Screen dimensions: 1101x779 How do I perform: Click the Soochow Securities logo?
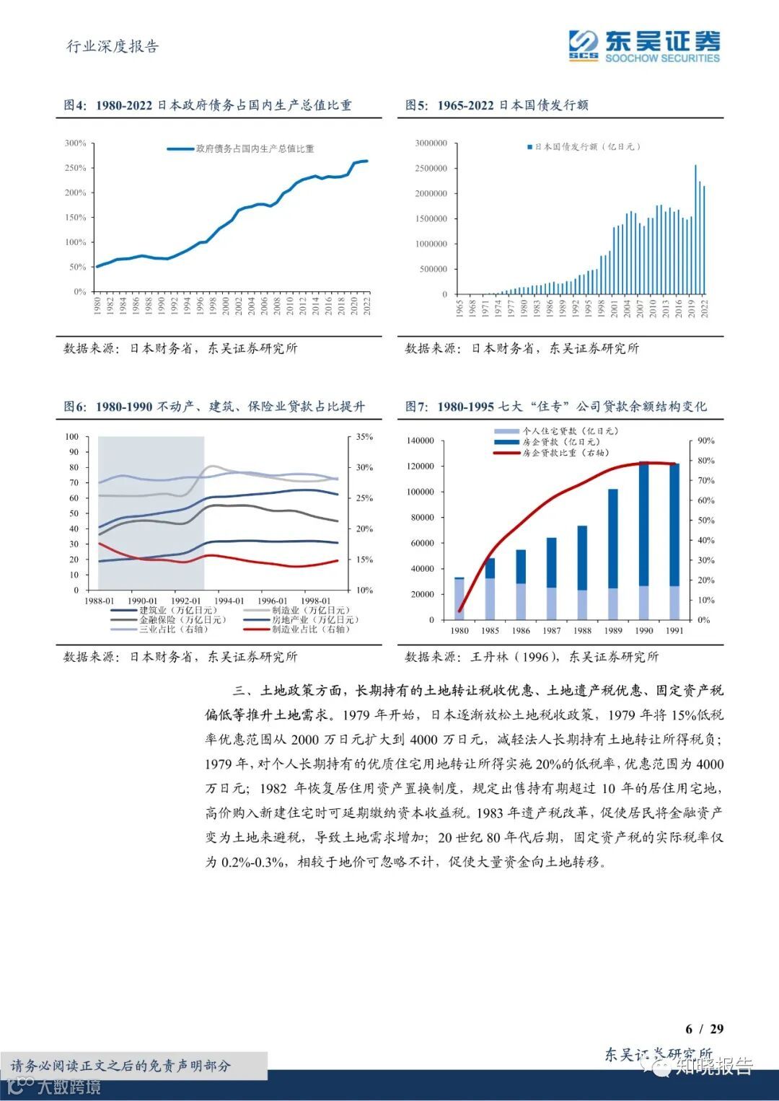[x=644, y=46]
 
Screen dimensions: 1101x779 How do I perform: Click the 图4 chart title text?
[x=208, y=105]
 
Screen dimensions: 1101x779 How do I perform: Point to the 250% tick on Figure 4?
[x=76, y=168]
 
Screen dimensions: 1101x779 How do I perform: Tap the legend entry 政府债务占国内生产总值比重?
[x=255, y=149]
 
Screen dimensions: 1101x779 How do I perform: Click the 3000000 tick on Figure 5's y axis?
[x=431, y=143]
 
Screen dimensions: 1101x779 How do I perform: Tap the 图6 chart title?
[x=214, y=407]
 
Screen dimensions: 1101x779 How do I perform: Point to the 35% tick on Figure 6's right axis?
[x=364, y=437]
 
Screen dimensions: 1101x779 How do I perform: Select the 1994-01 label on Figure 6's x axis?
[x=229, y=601]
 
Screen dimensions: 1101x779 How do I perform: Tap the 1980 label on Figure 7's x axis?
[x=459, y=630]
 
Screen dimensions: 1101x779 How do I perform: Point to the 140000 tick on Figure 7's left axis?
[x=421, y=441]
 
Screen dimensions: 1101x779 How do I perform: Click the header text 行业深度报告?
[x=113, y=46]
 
